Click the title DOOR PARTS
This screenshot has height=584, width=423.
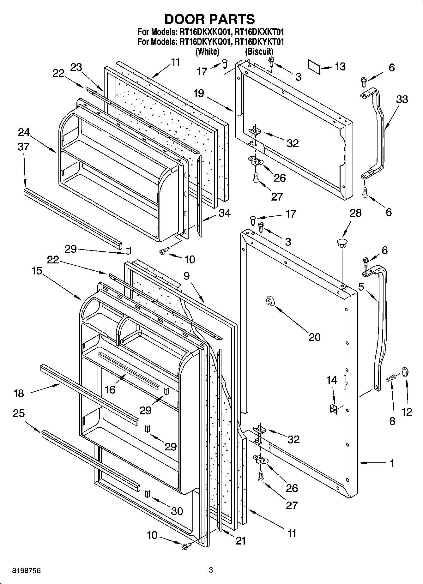coord(210,19)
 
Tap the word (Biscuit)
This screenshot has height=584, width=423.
coord(259,51)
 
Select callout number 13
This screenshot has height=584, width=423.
coord(340,67)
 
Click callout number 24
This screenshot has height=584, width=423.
coord(24,132)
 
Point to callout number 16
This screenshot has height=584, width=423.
coord(110,389)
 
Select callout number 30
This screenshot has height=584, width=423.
coord(177,511)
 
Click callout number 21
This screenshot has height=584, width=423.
coord(240,541)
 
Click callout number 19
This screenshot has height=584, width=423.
coord(199,93)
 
